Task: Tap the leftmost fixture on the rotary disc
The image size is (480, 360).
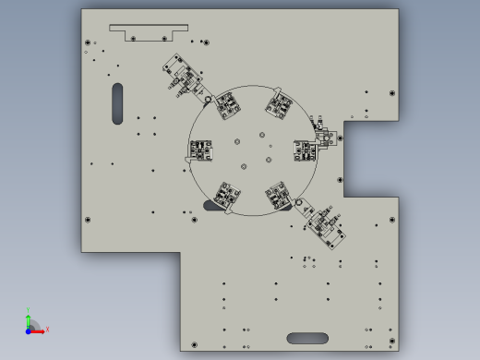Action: (x=201, y=150)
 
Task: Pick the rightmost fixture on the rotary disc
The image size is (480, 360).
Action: (x=306, y=150)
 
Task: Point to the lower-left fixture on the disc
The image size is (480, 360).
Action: (x=227, y=194)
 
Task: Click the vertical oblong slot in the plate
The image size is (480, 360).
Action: (x=117, y=103)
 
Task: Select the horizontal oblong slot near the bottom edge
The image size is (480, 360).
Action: (x=307, y=338)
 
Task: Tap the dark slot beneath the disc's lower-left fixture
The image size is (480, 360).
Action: (x=213, y=207)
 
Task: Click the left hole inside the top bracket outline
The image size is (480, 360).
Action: (x=132, y=38)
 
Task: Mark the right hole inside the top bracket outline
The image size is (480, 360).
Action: (x=165, y=38)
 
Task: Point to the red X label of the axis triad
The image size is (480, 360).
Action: (x=47, y=329)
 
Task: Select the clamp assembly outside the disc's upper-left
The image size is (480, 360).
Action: (x=184, y=77)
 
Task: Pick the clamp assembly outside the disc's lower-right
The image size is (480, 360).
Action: (x=325, y=225)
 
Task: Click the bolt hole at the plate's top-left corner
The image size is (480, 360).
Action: (x=88, y=42)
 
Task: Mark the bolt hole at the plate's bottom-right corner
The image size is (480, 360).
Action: (x=392, y=339)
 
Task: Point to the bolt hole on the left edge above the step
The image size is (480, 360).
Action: (x=88, y=220)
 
